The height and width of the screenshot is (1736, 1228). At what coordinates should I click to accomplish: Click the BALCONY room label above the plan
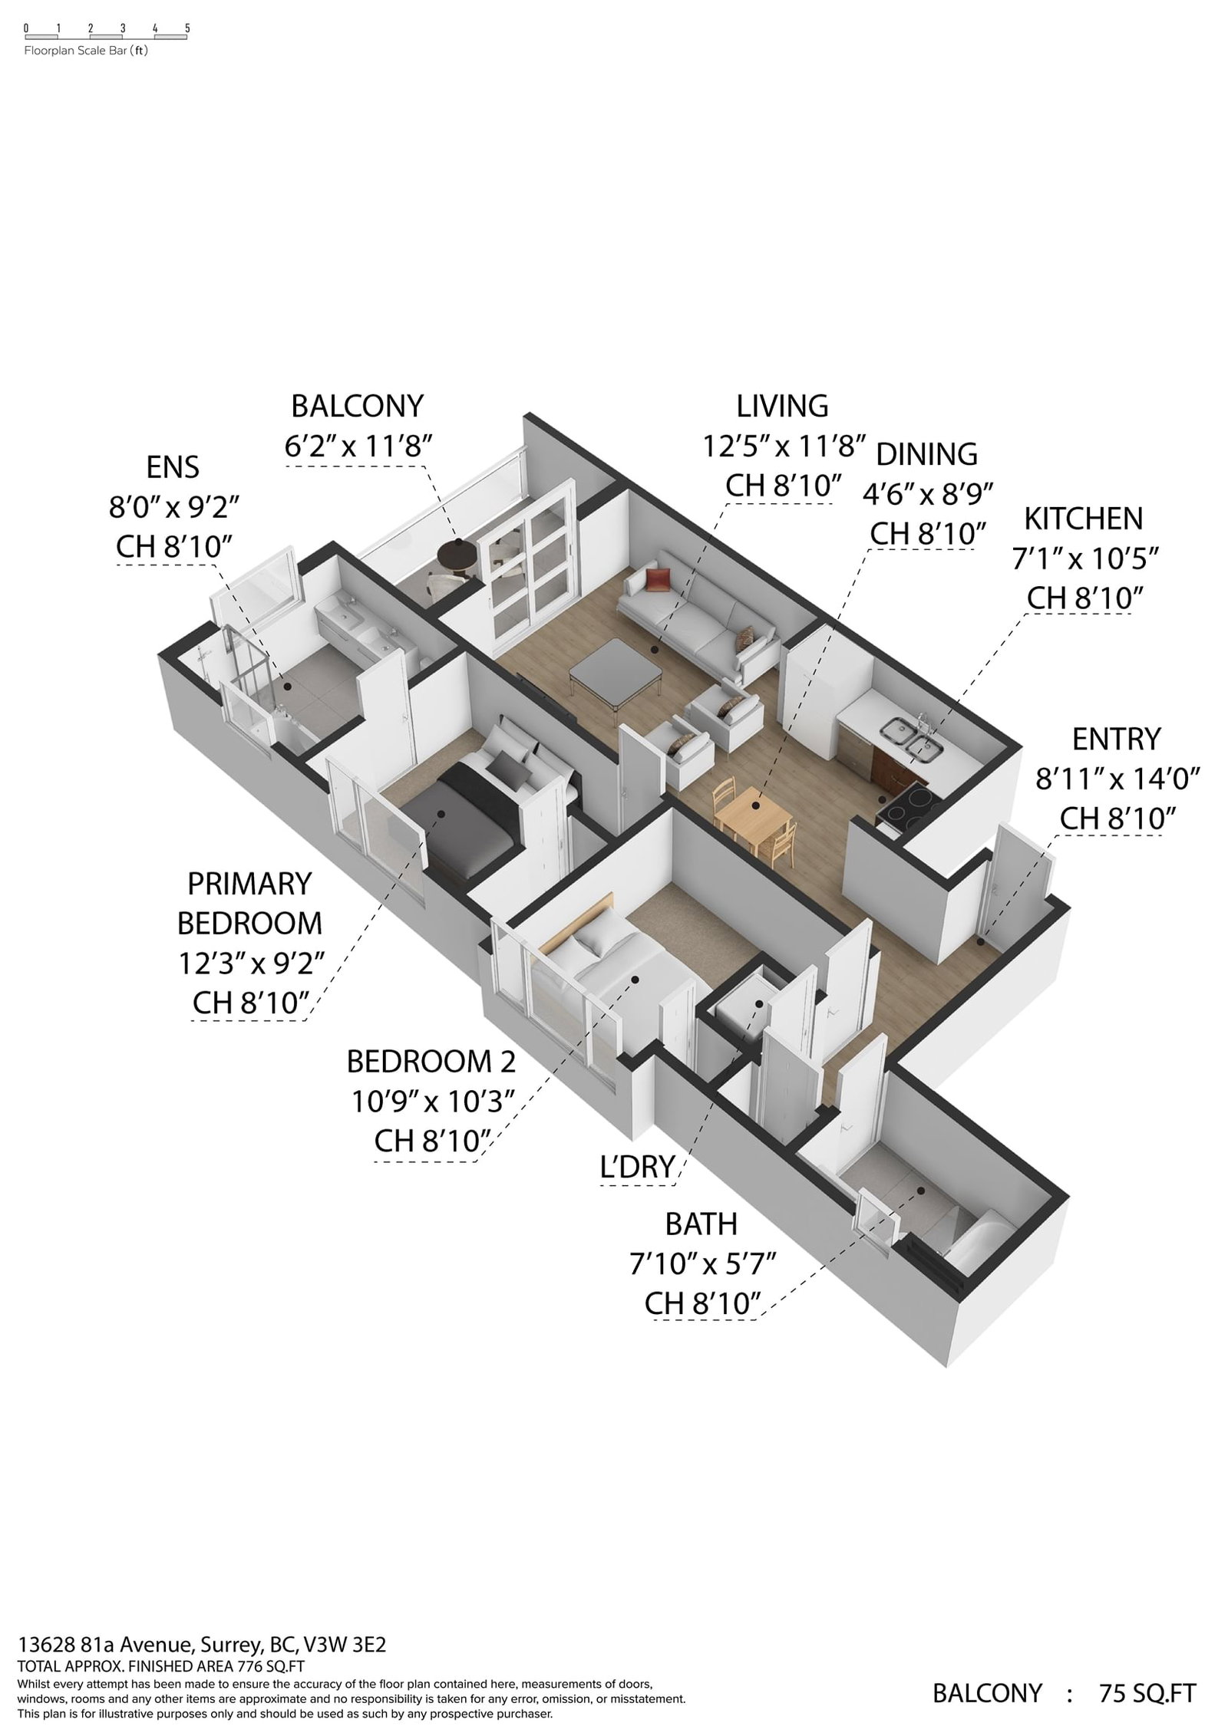pyautogui.click(x=358, y=405)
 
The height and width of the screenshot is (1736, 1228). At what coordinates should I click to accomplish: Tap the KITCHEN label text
pyautogui.click(x=1083, y=519)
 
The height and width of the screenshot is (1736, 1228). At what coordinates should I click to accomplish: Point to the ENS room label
pyautogui.click(x=173, y=467)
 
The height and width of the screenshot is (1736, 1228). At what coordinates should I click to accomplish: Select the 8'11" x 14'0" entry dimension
pyautogui.click(x=1117, y=779)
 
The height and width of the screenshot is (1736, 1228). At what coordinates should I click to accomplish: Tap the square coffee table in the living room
pyautogui.click(x=616, y=670)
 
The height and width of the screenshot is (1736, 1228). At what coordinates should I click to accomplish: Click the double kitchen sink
pyautogui.click(x=910, y=736)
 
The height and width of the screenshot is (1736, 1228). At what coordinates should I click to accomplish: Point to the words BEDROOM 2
pyautogui.click(x=431, y=1061)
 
